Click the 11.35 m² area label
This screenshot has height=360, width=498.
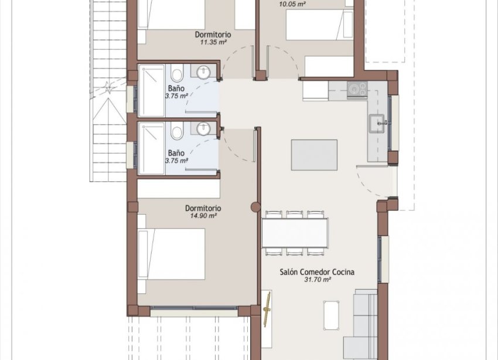coord(213,43)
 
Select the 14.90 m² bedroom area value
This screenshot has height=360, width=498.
coord(203,216)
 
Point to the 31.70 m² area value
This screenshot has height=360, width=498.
coord(318,280)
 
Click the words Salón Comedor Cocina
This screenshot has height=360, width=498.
coord(316,272)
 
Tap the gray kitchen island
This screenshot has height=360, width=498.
coord(314,154)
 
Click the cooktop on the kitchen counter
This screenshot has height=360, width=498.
coord(356,89)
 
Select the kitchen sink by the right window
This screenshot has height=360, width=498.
coord(376,123)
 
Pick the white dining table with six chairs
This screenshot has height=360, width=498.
coord(294,233)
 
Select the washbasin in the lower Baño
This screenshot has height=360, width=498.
coord(204,128)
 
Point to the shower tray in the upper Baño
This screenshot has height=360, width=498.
coord(152,91)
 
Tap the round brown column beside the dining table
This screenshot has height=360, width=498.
coord(255,206)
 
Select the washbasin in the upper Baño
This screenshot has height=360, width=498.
coord(204,73)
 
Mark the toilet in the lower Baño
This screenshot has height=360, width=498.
coord(177,133)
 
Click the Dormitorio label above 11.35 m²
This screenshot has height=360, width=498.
coord(213,35)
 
